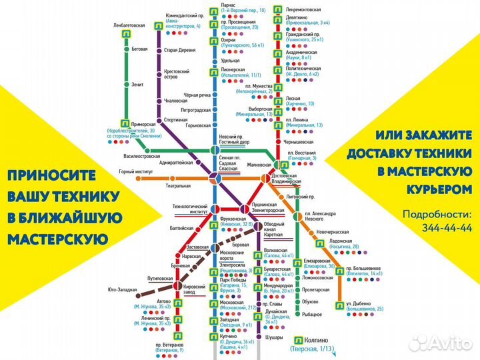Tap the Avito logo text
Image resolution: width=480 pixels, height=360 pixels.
click(447, 343)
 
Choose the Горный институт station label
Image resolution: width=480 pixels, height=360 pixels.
click(136, 172)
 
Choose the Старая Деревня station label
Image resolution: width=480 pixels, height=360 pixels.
click(181, 49)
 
